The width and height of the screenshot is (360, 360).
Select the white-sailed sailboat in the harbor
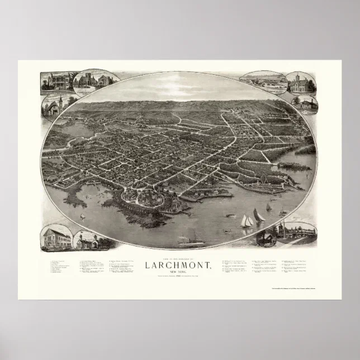click(x=246, y=221)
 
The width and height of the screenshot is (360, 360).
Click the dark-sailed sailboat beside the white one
click(x=259, y=215)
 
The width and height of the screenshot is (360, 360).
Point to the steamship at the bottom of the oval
click(x=190, y=241)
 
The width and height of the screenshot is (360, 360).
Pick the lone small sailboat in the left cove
click(x=83, y=215)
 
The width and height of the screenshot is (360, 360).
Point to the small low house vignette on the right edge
click(x=305, y=103)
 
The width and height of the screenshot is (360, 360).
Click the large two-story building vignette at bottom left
click(x=56, y=238)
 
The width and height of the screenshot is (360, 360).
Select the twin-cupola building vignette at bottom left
click(x=89, y=241)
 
